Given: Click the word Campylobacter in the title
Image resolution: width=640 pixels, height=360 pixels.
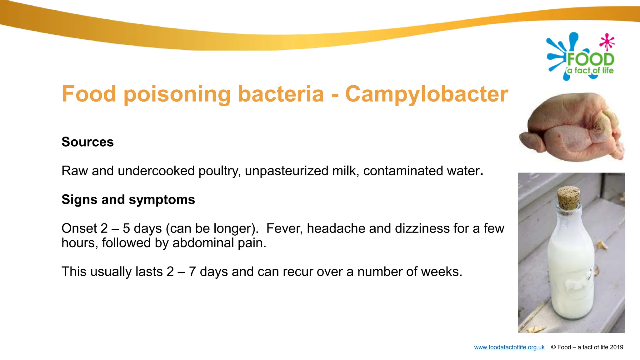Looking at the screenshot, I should pyautogui.click(x=427, y=94).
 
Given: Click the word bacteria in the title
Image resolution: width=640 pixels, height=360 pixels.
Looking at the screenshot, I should pyautogui.click(x=281, y=94).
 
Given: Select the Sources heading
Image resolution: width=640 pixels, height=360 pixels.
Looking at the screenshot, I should pyautogui.click(x=87, y=142).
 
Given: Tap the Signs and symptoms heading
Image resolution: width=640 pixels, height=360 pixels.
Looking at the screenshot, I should pyautogui.click(x=128, y=199).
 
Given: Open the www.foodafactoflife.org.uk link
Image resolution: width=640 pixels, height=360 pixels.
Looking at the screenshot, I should pyautogui.click(x=509, y=347).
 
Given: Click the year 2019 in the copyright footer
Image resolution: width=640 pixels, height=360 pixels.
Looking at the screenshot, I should pyautogui.click(x=616, y=347).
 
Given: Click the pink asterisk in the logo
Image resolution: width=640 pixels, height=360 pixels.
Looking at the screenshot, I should pyautogui.click(x=607, y=42).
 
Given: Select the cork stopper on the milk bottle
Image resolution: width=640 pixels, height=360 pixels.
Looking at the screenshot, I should pyautogui.click(x=568, y=197).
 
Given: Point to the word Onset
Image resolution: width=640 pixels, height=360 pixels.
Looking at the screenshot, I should pyautogui.click(x=79, y=228).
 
